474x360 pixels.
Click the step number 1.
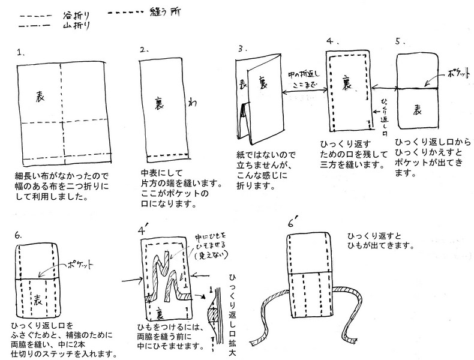[x=22, y=52]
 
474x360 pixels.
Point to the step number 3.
[x=240, y=47]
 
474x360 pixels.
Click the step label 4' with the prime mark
[x=143, y=229]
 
